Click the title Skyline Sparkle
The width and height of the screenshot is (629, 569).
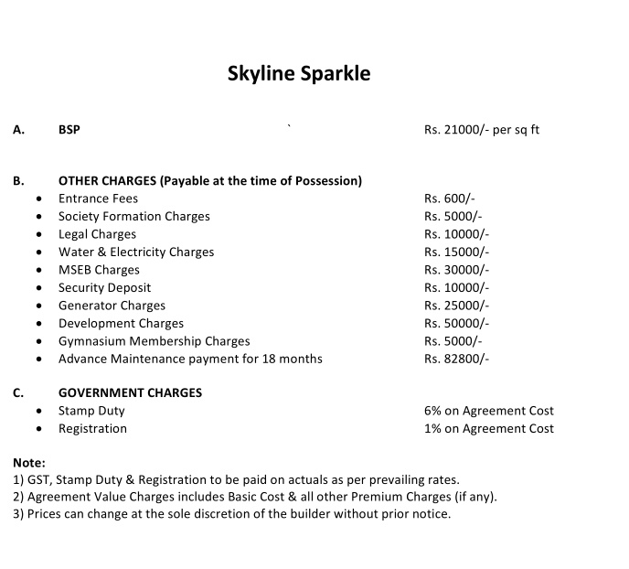[x=299, y=73]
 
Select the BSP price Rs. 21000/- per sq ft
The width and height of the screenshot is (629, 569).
[x=482, y=130]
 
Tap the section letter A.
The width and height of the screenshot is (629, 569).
[x=18, y=130]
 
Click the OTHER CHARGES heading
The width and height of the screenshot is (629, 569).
[x=210, y=180]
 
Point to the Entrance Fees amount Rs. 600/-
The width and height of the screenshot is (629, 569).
[x=450, y=199]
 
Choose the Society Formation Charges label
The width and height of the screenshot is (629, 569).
[x=134, y=217]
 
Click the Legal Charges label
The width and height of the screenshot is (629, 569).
[x=97, y=234]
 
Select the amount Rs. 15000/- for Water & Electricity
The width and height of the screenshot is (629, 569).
[x=457, y=252]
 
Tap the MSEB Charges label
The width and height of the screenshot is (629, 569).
[x=99, y=270]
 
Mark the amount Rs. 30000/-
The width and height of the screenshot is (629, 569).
[x=457, y=270]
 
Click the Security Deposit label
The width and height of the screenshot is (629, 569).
[x=104, y=288]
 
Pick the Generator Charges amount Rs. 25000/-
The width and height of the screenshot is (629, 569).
[x=457, y=306]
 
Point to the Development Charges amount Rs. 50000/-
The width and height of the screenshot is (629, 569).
[x=457, y=324]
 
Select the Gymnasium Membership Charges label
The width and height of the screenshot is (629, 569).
[x=154, y=341]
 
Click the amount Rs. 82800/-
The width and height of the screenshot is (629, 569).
[x=457, y=360]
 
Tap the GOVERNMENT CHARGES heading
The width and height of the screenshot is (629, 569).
[x=131, y=393]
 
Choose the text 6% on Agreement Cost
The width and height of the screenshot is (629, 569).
[x=489, y=412]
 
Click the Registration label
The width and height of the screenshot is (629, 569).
[x=92, y=429]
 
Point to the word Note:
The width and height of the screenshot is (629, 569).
[x=29, y=463]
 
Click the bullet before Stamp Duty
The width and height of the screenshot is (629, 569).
[x=38, y=412]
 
